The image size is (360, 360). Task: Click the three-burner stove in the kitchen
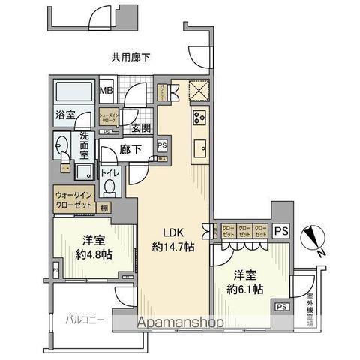pyautogui.click(x=199, y=116)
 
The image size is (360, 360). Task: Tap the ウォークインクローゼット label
pyautogui.click(x=73, y=201)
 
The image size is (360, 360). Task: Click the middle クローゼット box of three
pyautogui.click(x=244, y=231)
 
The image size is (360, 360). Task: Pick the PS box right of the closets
pyautogui.click(x=280, y=231)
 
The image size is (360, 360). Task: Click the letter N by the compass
pyautogui.click(x=321, y=253)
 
